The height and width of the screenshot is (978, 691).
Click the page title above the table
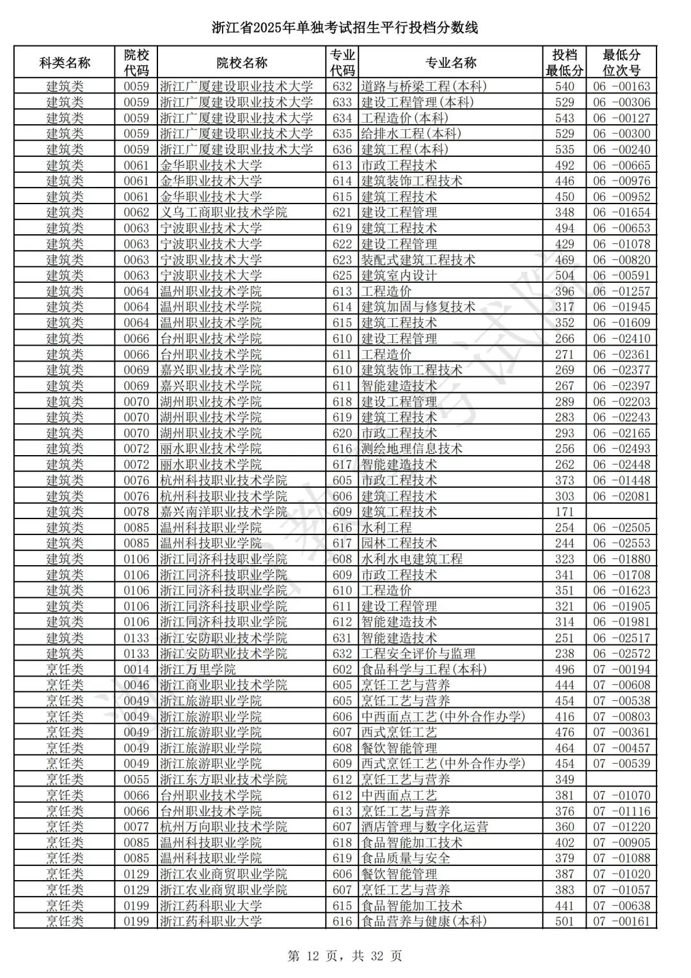(x=345, y=28)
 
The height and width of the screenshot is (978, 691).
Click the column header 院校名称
(x=241, y=63)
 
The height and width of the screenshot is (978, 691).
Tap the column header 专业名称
(x=450, y=63)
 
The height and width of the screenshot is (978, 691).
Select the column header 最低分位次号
(x=621, y=63)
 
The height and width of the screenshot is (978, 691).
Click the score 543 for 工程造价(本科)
(x=564, y=118)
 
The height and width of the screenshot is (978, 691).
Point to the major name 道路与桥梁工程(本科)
(x=424, y=86)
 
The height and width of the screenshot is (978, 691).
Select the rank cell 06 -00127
(x=621, y=118)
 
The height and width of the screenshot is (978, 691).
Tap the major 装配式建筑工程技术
(x=418, y=260)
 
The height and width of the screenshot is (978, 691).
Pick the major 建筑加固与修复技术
(x=418, y=307)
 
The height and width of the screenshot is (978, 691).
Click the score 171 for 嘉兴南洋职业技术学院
(x=564, y=512)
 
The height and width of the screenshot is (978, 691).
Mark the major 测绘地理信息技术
(x=411, y=449)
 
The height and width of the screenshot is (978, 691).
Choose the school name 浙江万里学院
(x=198, y=669)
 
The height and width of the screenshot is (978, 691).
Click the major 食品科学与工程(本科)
(x=424, y=669)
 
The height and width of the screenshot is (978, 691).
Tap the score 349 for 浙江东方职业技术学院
(x=564, y=780)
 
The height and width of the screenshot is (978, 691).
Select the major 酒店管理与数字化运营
(x=424, y=827)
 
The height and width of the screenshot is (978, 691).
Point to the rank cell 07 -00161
(x=621, y=922)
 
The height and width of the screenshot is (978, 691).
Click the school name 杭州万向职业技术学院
(x=223, y=827)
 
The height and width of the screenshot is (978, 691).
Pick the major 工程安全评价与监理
(x=418, y=653)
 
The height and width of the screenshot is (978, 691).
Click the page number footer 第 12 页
(x=345, y=956)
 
